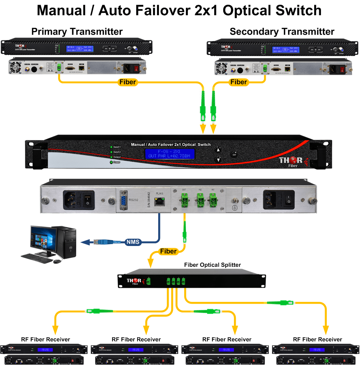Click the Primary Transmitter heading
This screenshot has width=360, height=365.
(77, 31)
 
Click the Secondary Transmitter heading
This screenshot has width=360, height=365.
(282, 31)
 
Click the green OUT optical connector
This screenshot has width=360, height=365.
(184, 199)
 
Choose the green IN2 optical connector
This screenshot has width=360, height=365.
(199, 199)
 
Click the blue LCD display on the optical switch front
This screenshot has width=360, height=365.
(170, 154)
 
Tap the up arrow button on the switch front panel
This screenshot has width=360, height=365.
(218, 149)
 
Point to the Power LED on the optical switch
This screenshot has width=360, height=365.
(111, 162)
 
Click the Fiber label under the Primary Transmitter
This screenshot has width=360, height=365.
(127, 82)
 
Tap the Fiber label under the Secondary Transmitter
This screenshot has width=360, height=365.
(239, 82)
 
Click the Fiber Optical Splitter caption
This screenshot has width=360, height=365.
(212, 265)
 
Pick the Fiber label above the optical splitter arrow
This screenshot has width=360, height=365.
(168, 251)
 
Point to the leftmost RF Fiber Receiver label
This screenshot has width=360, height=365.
(45, 339)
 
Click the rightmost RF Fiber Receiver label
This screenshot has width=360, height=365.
(317, 339)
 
